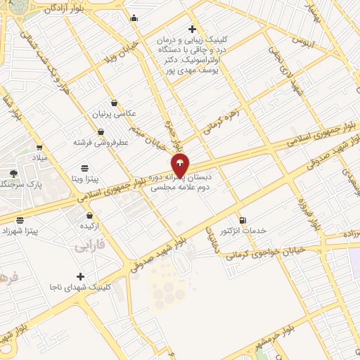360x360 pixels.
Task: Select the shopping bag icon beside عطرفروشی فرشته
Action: tap(101, 131)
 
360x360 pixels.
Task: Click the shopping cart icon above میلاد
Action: tap(39, 147)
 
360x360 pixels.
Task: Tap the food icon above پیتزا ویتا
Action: tap(84, 167)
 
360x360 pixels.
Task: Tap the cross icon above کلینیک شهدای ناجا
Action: tap(80, 276)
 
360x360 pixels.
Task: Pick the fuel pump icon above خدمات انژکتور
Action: tap(243, 220)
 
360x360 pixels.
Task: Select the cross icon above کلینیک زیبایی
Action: tap(192, 29)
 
